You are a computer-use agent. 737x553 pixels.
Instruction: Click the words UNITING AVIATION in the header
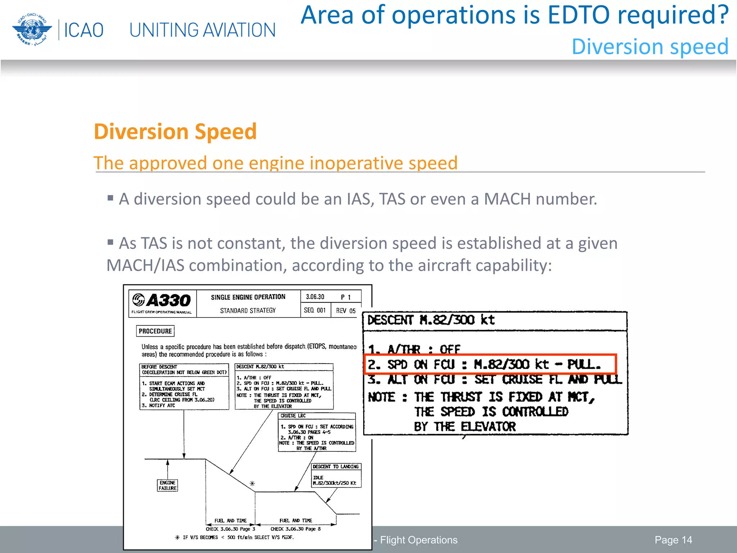click(202, 30)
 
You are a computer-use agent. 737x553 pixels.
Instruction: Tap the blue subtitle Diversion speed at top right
click(650, 47)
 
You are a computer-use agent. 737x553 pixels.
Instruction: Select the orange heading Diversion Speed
click(175, 131)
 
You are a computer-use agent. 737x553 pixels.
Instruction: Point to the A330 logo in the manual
click(162, 301)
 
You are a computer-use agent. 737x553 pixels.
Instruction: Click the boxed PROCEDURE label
click(155, 331)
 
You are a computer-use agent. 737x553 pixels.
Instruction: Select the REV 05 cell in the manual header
click(345, 310)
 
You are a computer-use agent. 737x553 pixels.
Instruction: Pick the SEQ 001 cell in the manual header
click(315, 310)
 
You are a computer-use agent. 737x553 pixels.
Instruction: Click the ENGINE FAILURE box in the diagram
click(167, 485)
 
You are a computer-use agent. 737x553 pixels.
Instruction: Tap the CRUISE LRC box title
click(293, 415)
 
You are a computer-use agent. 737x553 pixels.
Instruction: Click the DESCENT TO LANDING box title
click(335, 467)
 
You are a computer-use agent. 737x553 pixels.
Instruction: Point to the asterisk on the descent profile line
click(252, 484)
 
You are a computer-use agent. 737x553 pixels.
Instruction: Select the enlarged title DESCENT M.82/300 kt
click(431, 320)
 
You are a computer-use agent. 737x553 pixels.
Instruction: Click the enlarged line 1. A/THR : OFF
click(414, 349)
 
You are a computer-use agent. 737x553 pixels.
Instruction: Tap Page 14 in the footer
click(673, 540)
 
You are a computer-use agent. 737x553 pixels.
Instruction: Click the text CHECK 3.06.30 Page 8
click(295, 529)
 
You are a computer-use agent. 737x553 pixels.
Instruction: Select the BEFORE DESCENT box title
click(159, 367)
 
